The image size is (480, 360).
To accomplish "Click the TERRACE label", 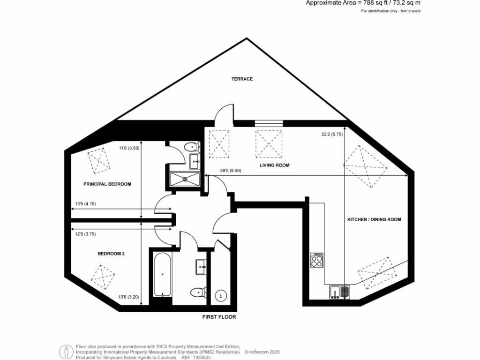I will [242, 79].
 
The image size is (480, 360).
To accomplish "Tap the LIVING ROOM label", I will [275, 165].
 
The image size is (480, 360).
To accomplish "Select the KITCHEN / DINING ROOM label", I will [374, 219].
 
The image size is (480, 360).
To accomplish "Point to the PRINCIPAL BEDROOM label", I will [107, 184].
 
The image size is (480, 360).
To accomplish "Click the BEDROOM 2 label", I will [111, 254].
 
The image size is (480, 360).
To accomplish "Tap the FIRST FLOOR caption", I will [219, 317].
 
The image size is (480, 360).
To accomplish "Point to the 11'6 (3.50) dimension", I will [129, 149].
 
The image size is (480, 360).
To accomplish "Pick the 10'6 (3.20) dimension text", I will [128, 297].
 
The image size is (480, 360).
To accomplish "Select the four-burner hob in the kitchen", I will [317, 260].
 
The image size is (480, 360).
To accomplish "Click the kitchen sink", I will [340, 292].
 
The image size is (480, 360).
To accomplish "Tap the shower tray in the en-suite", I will [185, 178].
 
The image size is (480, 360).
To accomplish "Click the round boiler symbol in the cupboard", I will [221, 296].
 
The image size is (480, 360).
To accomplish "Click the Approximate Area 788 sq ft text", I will [363, 3].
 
